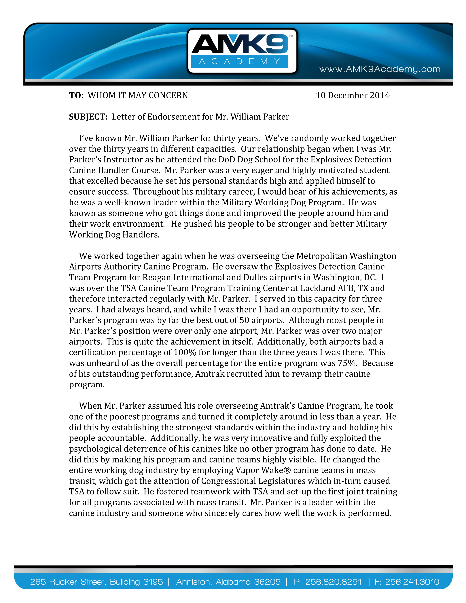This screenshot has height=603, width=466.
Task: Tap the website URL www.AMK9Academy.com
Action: [x=380, y=69]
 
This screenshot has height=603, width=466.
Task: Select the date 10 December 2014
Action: [x=353, y=96]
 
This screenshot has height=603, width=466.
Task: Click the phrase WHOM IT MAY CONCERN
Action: [x=138, y=96]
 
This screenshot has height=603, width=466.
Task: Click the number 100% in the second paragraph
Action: [x=185, y=353]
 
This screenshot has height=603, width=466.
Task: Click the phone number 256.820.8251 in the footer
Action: [x=333, y=582]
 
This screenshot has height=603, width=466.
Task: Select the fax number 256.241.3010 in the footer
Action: [x=412, y=582]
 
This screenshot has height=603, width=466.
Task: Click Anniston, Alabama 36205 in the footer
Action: [x=228, y=582]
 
